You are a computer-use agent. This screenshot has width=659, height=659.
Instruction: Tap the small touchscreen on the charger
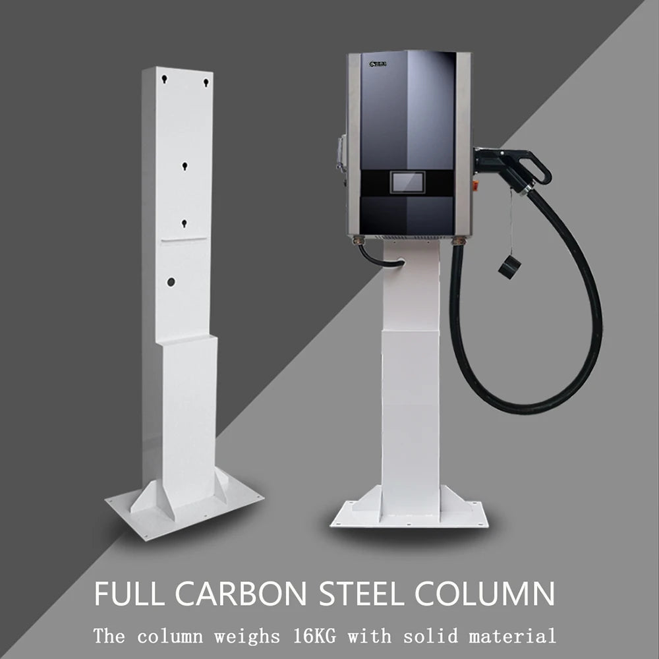pos(407,183)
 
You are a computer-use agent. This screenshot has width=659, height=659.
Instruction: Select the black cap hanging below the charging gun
pos(509,266)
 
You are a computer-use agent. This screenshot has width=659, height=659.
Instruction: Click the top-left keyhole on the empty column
pos(165,80)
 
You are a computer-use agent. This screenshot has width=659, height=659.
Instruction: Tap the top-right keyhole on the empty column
pos(206,82)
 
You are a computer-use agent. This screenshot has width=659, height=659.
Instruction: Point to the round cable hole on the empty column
pos(171,281)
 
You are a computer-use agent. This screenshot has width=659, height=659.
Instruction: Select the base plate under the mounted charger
pos(408,517)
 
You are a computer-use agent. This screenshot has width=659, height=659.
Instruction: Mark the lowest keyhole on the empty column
pos(185,224)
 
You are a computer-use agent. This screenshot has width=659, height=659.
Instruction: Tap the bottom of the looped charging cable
pos(521,405)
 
